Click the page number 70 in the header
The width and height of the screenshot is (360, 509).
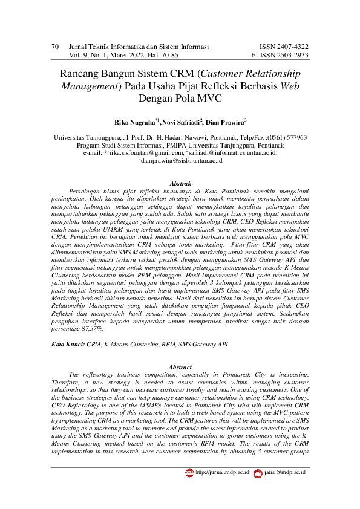coord(55,47)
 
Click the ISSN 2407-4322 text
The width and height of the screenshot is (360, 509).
coord(284,47)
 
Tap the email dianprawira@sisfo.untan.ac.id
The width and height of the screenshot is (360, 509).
coord(182,161)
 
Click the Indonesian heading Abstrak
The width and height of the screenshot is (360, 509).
coord(181,183)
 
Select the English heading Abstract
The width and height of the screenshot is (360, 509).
coord(180,367)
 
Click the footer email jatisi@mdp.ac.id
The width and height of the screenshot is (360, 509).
coord(285,472)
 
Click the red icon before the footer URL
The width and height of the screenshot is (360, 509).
coord(189,472)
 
